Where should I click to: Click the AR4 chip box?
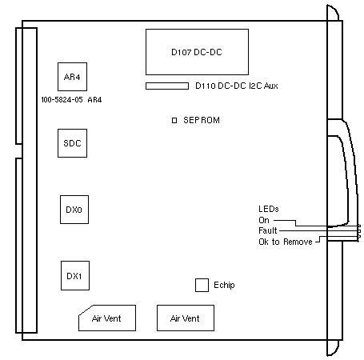point(72,77)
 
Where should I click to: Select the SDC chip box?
point(72,143)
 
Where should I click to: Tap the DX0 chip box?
point(74,210)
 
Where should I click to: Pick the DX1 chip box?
point(75,275)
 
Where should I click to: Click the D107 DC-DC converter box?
point(197,52)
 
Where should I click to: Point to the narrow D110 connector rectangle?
point(167,86)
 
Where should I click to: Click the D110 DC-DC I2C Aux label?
point(237,86)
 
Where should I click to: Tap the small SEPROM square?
point(174,120)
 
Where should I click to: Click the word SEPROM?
point(202,120)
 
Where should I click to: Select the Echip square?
point(202,285)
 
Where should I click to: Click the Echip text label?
point(224,285)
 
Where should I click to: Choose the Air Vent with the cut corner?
point(107,318)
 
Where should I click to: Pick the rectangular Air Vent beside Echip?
point(186,318)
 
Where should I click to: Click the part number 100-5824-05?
point(62,100)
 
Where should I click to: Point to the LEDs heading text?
point(269,209)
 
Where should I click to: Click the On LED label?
point(264,220)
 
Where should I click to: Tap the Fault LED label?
point(268,230)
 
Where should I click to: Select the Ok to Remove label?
point(286,242)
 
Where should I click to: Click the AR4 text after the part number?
point(94,100)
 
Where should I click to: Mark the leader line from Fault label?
point(319,230)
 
